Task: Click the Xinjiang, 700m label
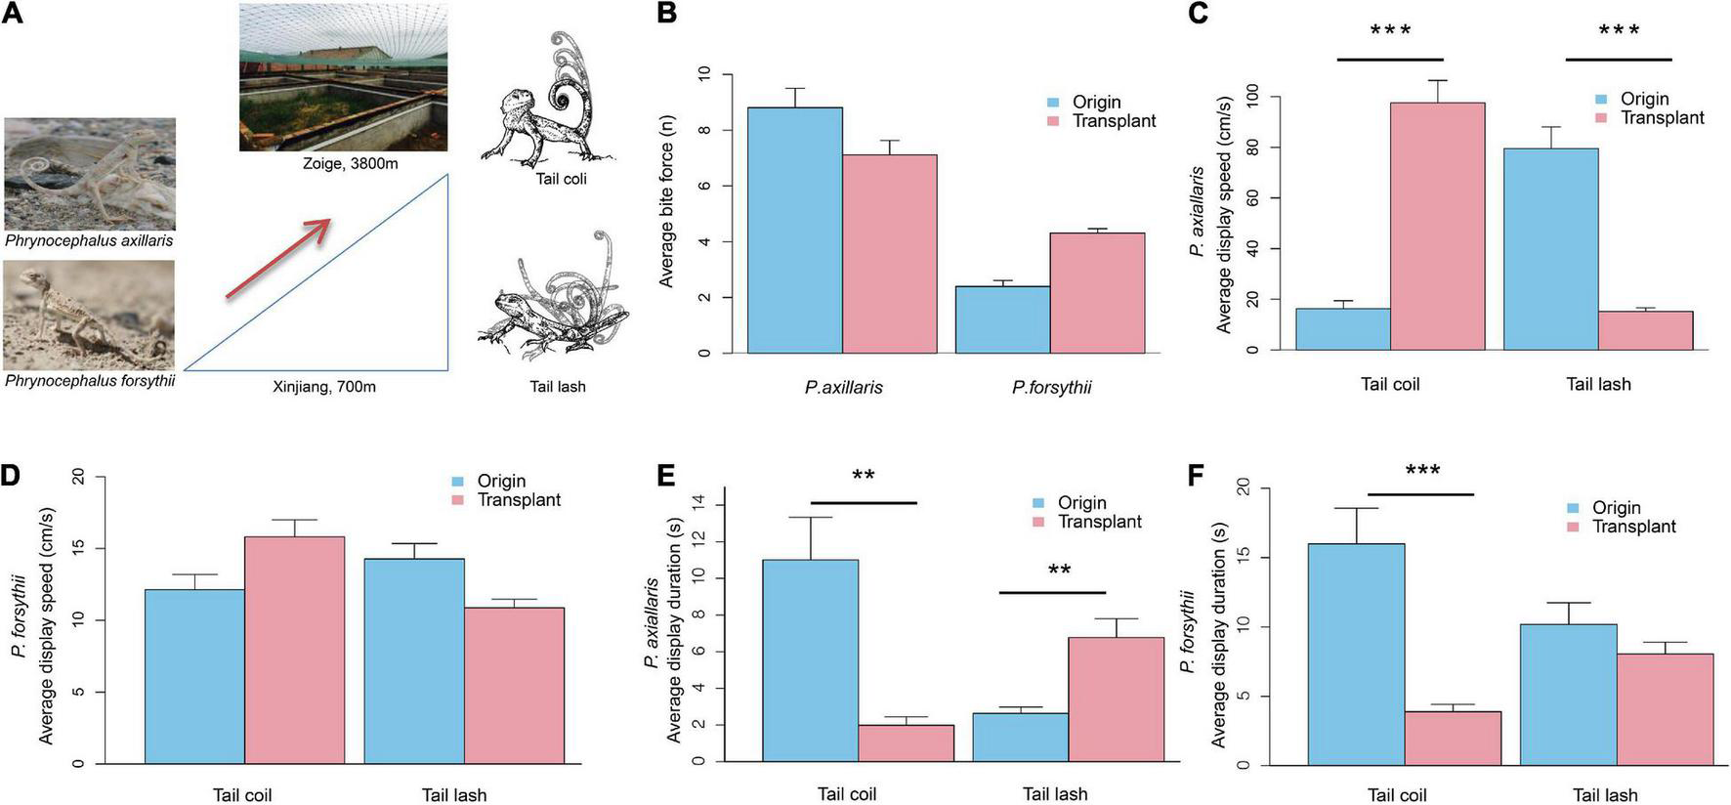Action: click(x=323, y=387)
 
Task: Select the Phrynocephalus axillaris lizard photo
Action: click(x=90, y=174)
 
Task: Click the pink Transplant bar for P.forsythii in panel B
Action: click(x=1097, y=293)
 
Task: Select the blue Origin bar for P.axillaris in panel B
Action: click(x=794, y=231)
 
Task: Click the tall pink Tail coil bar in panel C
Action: click(x=1437, y=227)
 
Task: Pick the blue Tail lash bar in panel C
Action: click(x=1550, y=249)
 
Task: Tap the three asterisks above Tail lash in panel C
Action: click(x=1619, y=31)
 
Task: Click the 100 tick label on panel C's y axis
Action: click(x=1252, y=98)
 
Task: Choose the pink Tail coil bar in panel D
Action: click(x=294, y=651)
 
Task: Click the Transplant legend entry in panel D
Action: click(x=518, y=500)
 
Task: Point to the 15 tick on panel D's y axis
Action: click(x=78, y=548)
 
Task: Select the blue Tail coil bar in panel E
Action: click(x=810, y=660)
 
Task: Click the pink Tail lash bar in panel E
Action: click(x=1116, y=699)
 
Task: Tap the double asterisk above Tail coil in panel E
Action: click(x=863, y=476)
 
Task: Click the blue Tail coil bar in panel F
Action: click(x=1356, y=655)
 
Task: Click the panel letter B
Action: click(x=667, y=14)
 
